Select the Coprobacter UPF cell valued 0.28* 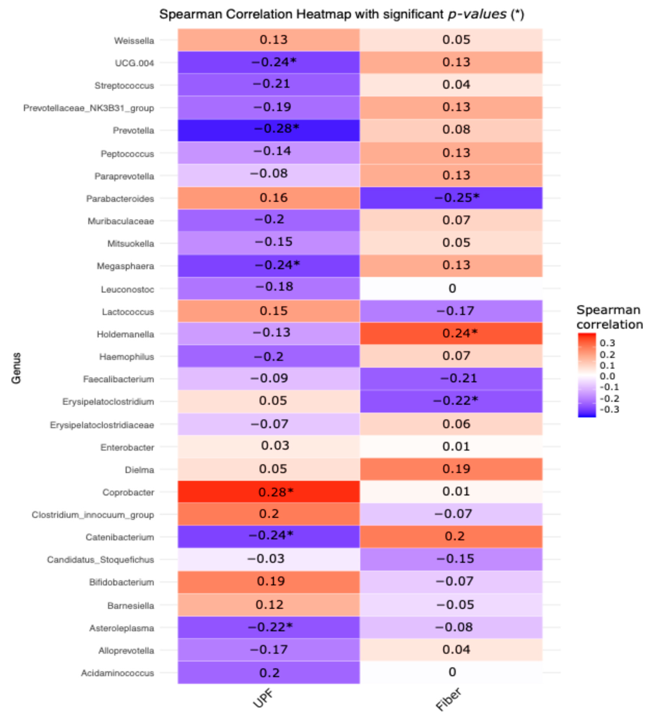click(269, 492)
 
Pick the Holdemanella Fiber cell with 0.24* click(451, 333)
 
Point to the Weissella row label click(134, 41)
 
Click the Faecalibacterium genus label click(119, 379)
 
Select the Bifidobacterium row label click(121, 582)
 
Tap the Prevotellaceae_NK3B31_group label click(89, 108)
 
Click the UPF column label click(263, 698)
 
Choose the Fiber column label click(449, 699)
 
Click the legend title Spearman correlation click(609, 317)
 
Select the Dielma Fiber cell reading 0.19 click(451, 469)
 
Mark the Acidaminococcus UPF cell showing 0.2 click(269, 673)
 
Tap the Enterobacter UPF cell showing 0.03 click(269, 446)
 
